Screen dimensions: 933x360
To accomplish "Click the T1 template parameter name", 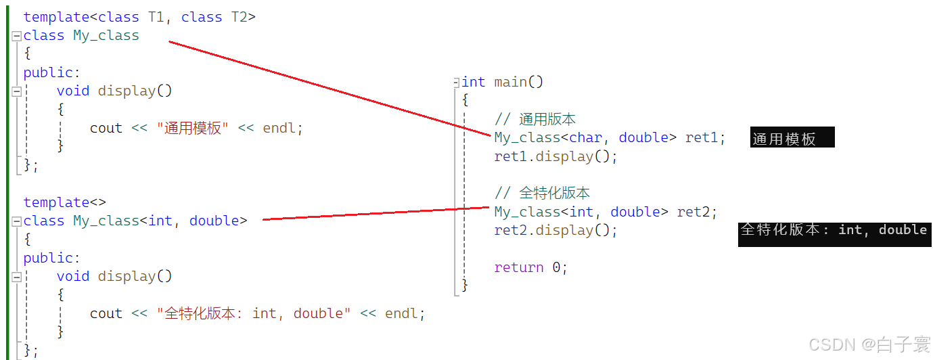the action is (x=156, y=17).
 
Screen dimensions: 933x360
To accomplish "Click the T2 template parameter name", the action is (x=240, y=17).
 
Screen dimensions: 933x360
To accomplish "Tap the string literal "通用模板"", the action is (x=192, y=128).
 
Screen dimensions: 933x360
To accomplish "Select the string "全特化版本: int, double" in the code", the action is (x=254, y=313).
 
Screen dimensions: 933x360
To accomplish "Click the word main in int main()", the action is (x=511, y=82).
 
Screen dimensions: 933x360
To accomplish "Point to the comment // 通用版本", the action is (x=534, y=119).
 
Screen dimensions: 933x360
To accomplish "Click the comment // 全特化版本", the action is (x=542, y=193).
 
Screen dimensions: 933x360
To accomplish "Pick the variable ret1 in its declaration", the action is (x=702, y=137).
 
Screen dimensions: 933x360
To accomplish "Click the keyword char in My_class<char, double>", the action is (x=586, y=137).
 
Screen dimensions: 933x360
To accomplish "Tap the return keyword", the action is (x=519, y=267).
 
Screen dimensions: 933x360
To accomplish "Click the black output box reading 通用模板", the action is (x=792, y=137).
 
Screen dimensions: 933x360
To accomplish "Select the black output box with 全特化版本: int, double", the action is (x=835, y=234).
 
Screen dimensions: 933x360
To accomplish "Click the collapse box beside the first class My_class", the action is (x=17, y=36).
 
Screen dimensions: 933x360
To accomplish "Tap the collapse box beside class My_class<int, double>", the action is (x=17, y=221).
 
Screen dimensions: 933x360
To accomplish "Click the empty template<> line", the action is (x=64, y=202).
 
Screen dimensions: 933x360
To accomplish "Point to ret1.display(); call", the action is (x=555, y=156).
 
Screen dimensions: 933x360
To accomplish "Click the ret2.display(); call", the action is (x=555, y=230).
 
